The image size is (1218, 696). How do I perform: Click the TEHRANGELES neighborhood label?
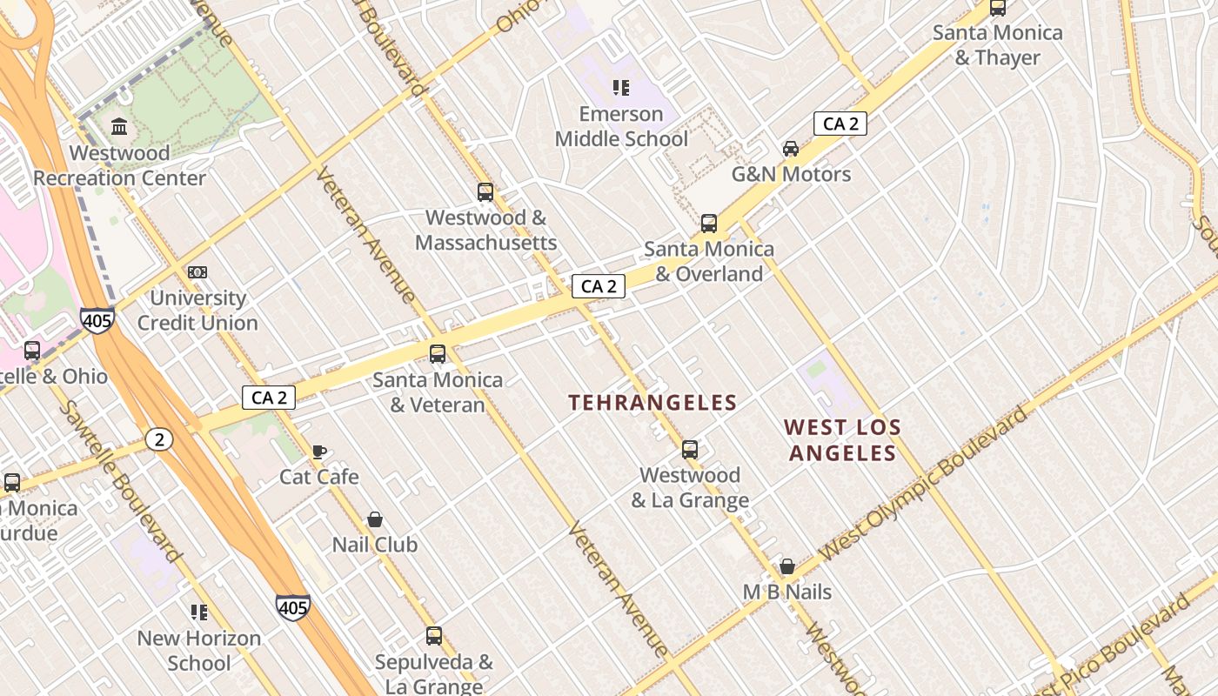pos(652,403)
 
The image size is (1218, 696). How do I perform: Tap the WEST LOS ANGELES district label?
pos(842,440)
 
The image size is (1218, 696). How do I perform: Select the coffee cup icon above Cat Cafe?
pos(319,452)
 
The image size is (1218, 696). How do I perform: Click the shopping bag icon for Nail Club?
pos(375,519)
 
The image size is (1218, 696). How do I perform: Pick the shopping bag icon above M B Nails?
pos(787,566)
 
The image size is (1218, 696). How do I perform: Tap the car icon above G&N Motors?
pos(790,148)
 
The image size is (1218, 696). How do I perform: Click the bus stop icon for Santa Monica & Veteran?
pos(438,354)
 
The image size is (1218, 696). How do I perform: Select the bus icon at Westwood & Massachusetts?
pos(485,192)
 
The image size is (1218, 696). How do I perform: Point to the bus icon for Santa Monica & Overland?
pos(709,224)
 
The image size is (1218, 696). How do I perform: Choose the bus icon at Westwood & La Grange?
pos(690,450)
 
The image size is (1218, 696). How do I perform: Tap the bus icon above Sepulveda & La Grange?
pos(434,636)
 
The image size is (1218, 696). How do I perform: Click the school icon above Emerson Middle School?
pos(620,87)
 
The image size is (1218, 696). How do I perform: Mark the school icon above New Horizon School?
pos(199,612)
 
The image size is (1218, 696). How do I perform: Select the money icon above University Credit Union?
pos(197,272)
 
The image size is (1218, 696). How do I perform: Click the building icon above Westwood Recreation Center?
pos(119,127)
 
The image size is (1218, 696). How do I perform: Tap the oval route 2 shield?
pos(159,439)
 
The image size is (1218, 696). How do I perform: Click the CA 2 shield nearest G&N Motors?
pos(840,124)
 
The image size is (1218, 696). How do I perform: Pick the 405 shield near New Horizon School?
pos(293,606)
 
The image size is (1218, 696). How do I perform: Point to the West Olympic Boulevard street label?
pos(922,483)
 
